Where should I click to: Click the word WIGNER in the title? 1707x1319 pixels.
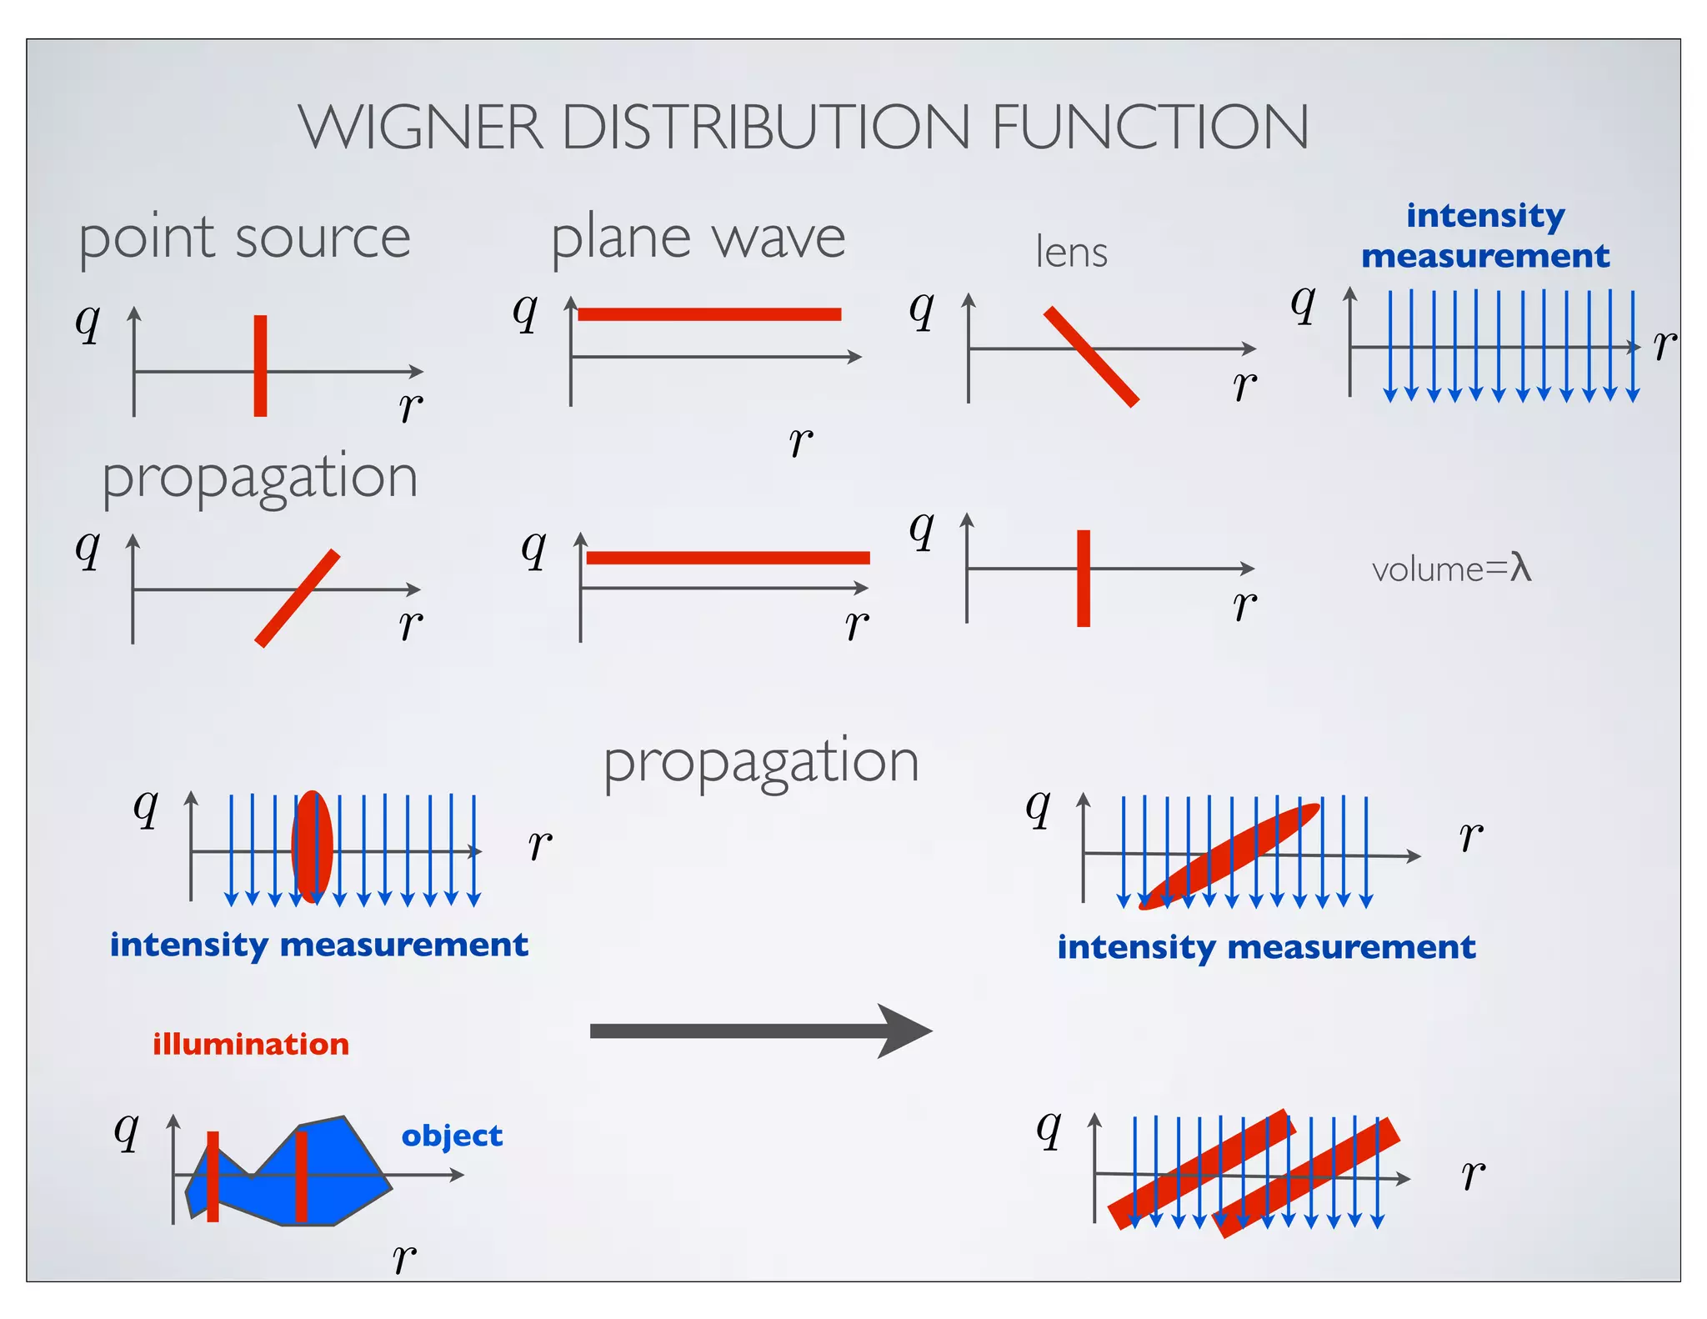tap(421, 128)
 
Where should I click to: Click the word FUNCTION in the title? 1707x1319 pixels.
tap(1149, 128)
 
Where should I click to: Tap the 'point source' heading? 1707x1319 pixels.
tap(244, 238)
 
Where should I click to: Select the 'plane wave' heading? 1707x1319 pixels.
tap(698, 238)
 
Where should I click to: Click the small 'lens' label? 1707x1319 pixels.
tap(1071, 252)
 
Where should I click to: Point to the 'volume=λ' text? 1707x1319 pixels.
tap(1451, 569)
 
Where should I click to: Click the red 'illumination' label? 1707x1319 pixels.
tap(250, 1044)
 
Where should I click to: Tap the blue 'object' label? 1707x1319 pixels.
tap(452, 1136)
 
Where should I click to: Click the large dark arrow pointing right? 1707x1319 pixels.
tap(758, 1031)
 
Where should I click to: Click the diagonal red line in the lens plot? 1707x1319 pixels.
tap(1091, 357)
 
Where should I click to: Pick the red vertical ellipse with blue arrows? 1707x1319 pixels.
tap(313, 846)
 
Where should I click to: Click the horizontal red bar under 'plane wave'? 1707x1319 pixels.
tap(709, 314)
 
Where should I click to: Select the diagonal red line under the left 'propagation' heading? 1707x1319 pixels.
tap(298, 598)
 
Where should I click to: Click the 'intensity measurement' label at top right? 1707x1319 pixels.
tap(1485, 236)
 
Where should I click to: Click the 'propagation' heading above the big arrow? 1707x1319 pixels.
tap(760, 762)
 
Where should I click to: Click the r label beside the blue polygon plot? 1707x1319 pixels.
tap(404, 1257)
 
